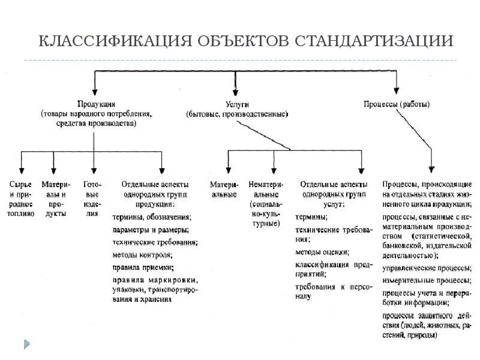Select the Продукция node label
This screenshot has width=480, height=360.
96,104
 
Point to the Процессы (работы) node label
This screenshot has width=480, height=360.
397,104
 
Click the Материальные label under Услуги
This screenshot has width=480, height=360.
227,190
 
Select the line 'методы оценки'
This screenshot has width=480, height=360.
320,253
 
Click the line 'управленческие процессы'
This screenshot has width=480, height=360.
426,268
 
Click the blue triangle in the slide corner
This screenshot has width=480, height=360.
26,344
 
